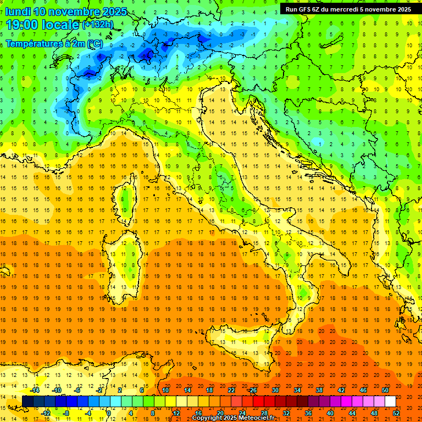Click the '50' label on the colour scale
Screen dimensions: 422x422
pos(385,390)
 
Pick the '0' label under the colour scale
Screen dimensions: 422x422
pos(109,413)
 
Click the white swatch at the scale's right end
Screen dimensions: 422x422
pos(390,402)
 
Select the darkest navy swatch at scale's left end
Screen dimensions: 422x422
pos(27,402)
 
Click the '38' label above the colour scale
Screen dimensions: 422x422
pos(319,390)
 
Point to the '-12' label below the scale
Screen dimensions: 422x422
pos(46,413)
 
